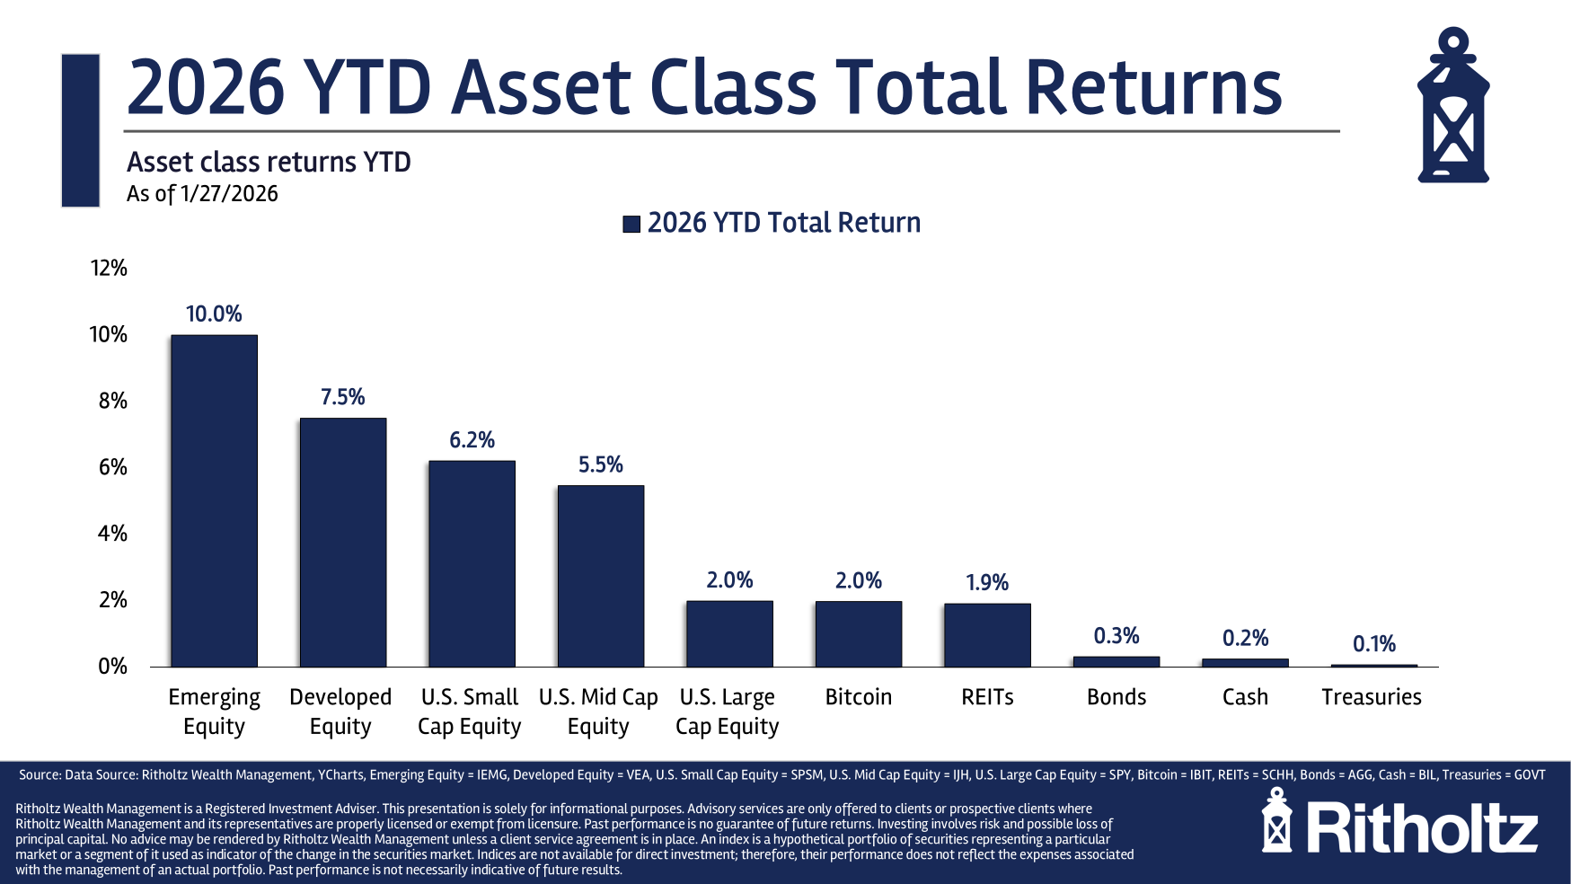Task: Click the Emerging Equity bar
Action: point(214,500)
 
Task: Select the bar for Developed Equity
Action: point(343,542)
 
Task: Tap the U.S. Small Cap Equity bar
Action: point(472,563)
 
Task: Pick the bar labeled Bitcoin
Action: point(858,633)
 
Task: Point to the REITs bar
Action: point(987,634)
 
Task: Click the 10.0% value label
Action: point(214,314)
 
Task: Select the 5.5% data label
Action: point(600,464)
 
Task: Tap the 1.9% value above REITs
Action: point(987,582)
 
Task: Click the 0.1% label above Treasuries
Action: point(1373,643)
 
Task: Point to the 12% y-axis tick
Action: point(109,268)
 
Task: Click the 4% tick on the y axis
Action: point(112,534)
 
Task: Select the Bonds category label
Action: point(1116,697)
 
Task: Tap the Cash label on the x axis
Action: point(1245,697)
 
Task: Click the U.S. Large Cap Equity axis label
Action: point(728,712)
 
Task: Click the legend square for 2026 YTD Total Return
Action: point(631,224)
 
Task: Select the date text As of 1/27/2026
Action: point(202,194)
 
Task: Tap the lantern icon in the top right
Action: point(1452,106)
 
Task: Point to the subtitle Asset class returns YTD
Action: point(269,162)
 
